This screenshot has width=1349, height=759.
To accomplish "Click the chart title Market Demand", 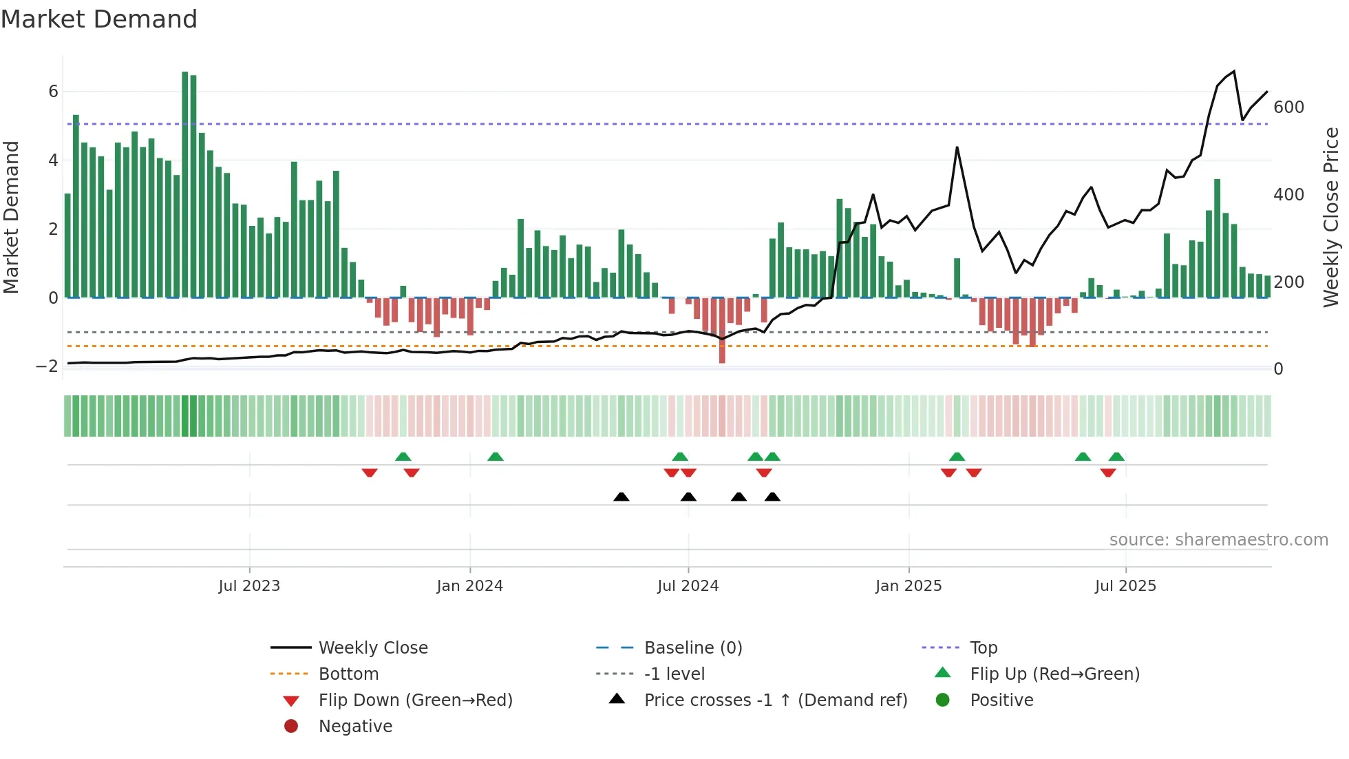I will pos(99,19).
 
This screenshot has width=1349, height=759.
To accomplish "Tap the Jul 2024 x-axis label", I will pos(688,586).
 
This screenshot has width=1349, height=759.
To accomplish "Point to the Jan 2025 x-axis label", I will pos(909,586).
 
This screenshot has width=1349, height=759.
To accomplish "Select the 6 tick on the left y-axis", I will pos(53,92).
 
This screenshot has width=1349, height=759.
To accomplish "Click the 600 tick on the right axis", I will pos(1288,107).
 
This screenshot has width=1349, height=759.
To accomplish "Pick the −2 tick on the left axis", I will pos(47,366).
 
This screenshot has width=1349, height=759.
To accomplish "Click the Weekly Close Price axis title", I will pos(1331,217).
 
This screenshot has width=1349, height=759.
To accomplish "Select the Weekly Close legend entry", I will pos(372,648).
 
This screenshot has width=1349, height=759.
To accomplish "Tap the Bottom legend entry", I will pos(348,674).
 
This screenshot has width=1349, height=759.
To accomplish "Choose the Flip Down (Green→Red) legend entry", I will pos(415,700).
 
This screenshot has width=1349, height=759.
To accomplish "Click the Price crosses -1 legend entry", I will pos(775,700).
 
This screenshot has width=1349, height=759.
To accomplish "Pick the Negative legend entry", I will pos(355,727).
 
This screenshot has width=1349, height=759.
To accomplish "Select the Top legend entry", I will pos(984,648).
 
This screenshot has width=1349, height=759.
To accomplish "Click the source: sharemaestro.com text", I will pos(1218,540).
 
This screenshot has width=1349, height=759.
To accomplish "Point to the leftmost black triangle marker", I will pos(621,497).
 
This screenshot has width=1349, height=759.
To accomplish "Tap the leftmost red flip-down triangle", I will pos(370,472).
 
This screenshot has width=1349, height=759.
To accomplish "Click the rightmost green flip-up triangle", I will pos(1116,457).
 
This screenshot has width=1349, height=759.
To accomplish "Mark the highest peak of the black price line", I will pos(1234,71).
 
